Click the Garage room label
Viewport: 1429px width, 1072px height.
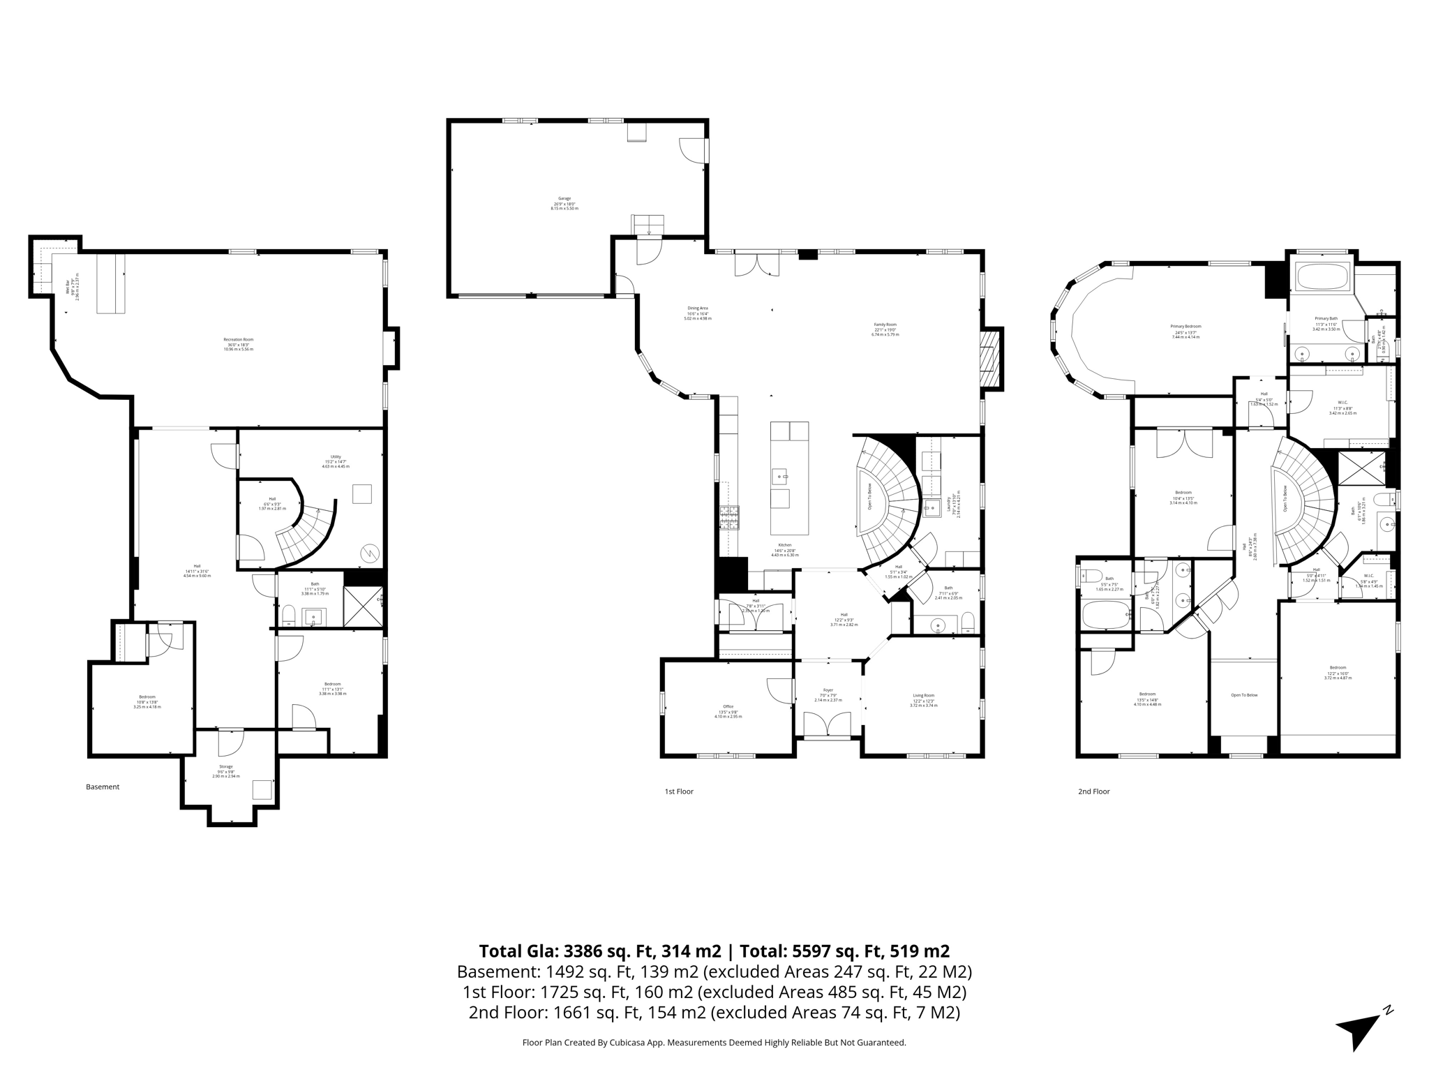click(564, 199)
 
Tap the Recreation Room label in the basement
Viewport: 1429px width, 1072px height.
click(239, 340)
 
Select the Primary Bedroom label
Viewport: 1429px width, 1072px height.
click(1185, 327)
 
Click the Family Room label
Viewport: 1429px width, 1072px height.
click(885, 325)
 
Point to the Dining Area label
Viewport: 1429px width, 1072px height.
click(697, 308)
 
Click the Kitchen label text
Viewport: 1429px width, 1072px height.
click(785, 545)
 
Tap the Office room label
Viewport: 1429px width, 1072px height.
click(728, 707)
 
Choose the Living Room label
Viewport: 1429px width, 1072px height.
click(923, 696)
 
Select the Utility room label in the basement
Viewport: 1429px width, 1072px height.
click(336, 457)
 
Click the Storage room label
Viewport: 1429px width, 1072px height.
click(225, 767)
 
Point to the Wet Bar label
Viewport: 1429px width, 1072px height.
click(68, 287)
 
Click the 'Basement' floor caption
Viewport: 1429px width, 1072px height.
click(103, 787)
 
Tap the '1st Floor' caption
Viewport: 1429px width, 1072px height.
click(679, 791)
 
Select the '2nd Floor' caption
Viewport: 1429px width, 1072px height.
click(1093, 791)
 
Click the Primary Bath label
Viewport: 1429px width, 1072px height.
click(1326, 318)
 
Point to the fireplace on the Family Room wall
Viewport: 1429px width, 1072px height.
click(989, 359)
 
